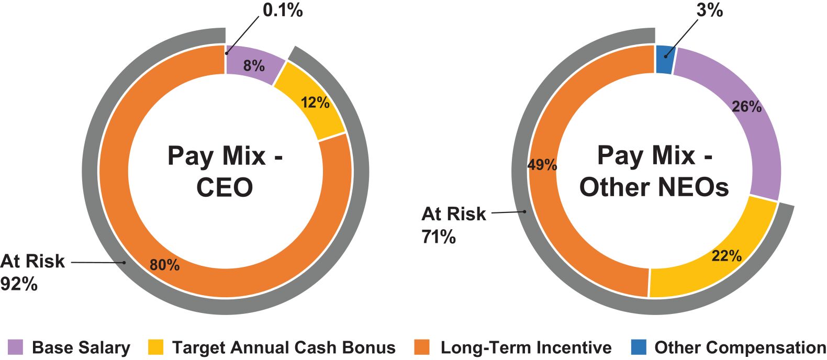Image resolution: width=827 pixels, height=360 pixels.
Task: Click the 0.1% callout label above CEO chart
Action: (x=282, y=10)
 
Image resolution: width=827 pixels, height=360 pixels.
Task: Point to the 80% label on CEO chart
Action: (x=164, y=265)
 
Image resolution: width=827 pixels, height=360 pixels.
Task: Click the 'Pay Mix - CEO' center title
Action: (x=225, y=171)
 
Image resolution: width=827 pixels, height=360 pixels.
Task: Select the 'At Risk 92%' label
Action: (x=32, y=272)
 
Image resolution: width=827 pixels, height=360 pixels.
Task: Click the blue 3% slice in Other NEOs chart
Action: (x=664, y=59)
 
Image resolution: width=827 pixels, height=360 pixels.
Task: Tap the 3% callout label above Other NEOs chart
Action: (x=710, y=10)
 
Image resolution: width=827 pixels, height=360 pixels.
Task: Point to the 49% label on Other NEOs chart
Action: (x=542, y=165)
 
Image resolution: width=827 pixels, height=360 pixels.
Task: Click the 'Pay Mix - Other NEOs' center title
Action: (x=654, y=171)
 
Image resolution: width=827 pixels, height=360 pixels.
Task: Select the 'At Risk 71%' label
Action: (x=453, y=225)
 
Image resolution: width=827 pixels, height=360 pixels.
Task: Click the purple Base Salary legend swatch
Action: (x=15, y=347)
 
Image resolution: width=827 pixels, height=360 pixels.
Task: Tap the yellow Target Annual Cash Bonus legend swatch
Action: (x=155, y=347)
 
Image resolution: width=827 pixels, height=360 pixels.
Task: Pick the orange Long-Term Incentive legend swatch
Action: (x=421, y=347)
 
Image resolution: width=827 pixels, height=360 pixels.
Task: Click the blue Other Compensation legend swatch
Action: (x=638, y=347)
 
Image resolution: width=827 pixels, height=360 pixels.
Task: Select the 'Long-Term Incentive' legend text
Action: (x=526, y=347)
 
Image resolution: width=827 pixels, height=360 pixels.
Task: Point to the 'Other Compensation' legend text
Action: (x=740, y=347)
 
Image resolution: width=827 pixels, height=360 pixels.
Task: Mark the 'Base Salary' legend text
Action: (x=81, y=347)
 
